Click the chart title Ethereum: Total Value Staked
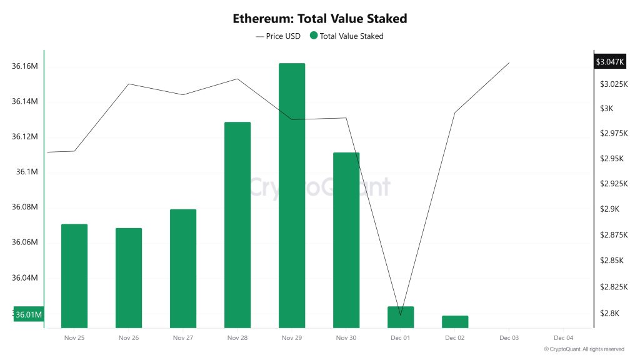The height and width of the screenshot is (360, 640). pyautogui.click(x=319, y=18)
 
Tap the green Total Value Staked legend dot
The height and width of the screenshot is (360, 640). pyautogui.click(x=314, y=36)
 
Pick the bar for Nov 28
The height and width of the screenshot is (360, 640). pyautogui.click(x=237, y=224)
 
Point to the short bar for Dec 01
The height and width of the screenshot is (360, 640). pyautogui.click(x=401, y=317)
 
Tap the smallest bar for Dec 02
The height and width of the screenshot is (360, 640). pyautogui.click(x=455, y=321)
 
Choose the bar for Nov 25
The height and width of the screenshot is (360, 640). pyautogui.click(x=74, y=276)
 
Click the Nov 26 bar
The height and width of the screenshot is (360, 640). pyautogui.click(x=129, y=277)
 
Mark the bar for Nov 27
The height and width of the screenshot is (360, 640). pyautogui.click(x=183, y=268)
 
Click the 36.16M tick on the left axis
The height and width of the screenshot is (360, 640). pyautogui.click(x=25, y=66)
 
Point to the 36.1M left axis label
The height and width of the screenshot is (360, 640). pyautogui.click(x=28, y=172)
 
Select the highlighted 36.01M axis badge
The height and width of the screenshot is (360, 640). pyautogui.click(x=28, y=314)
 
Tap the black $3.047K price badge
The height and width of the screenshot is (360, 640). pyautogui.click(x=610, y=62)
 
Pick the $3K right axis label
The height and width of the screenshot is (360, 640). pyautogui.click(x=606, y=109)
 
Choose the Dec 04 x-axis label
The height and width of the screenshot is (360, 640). pyautogui.click(x=563, y=338)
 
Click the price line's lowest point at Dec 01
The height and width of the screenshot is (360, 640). pyautogui.click(x=401, y=314)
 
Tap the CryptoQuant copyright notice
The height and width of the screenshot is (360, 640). pyautogui.click(x=584, y=349)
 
